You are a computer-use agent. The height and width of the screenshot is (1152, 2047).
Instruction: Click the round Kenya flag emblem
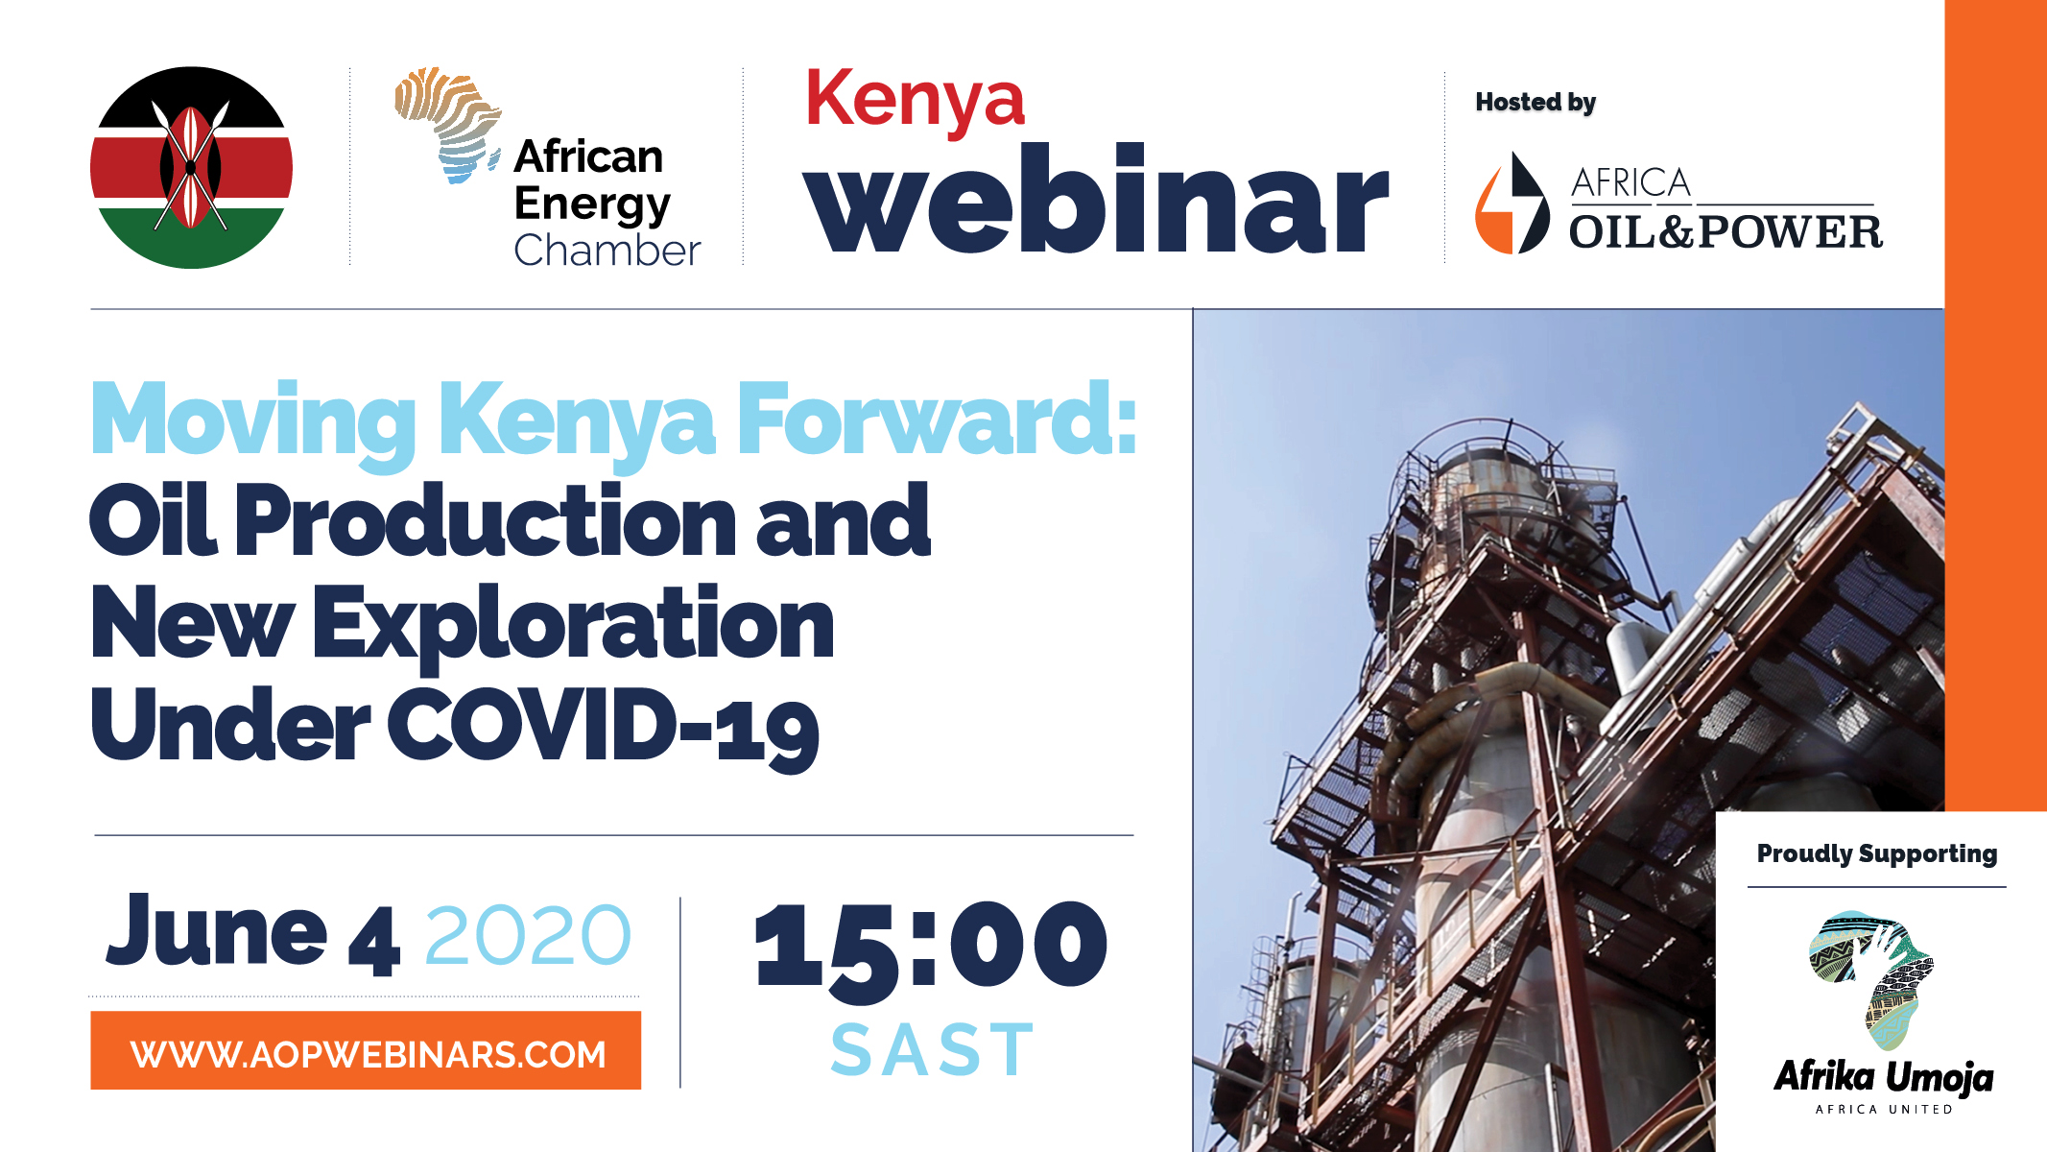(191, 168)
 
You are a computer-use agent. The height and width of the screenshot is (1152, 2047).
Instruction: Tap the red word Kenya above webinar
(916, 101)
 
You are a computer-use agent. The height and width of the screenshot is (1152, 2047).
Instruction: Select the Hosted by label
(1535, 103)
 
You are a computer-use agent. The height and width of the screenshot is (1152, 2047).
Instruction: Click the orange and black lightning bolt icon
(1511, 204)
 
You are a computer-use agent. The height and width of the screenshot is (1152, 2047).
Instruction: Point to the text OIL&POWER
(1726, 232)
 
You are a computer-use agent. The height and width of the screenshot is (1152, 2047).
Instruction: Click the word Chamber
(607, 251)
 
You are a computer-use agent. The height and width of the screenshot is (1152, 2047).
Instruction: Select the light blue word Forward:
(937, 420)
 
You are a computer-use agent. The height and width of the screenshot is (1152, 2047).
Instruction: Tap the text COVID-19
(603, 727)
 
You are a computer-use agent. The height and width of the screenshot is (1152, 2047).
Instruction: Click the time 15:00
(931, 945)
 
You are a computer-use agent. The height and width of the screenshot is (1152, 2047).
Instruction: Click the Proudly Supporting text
(1877, 854)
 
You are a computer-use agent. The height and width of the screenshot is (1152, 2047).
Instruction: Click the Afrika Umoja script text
(1884, 1077)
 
